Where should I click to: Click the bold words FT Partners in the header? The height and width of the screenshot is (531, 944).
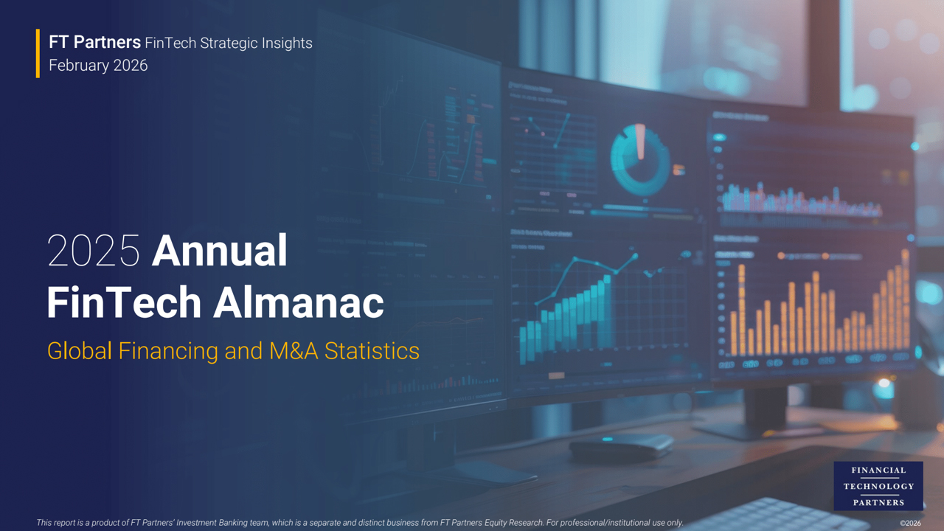click(x=94, y=43)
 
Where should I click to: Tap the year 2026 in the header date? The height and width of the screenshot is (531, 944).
click(x=130, y=66)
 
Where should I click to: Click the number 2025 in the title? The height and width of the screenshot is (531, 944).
click(x=93, y=251)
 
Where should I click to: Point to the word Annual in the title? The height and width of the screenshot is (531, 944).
click(x=219, y=251)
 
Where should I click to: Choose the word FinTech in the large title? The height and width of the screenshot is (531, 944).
click(x=123, y=302)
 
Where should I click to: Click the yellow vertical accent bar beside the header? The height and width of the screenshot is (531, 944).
click(x=38, y=53)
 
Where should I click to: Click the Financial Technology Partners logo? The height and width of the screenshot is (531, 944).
click(x=878, y=485)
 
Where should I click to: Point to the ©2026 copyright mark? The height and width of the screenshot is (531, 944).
click(x=910, y=523)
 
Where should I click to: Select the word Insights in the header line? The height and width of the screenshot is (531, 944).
click(x=288, y=44)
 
